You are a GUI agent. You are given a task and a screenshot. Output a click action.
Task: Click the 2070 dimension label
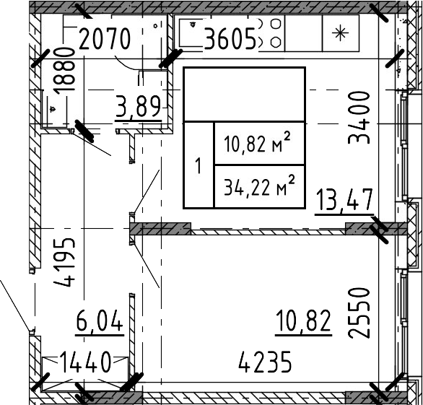click(104, 38)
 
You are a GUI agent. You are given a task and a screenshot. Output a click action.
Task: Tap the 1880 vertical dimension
click(64, 70)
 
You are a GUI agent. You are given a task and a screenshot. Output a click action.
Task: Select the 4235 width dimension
click(265, 362)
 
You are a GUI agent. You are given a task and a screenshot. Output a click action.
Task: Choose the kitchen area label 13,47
click(344, 201)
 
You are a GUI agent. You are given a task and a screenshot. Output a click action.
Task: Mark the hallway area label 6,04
click(99, 321)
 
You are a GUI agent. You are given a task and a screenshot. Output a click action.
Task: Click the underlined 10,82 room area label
click(303, 321)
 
